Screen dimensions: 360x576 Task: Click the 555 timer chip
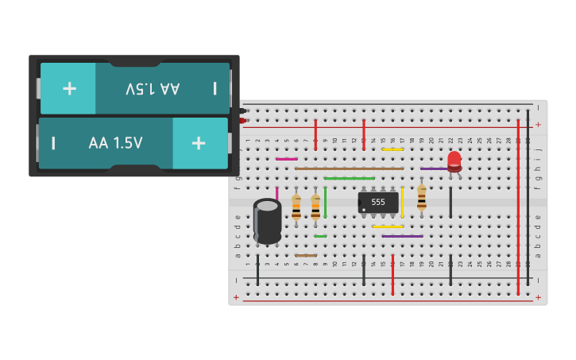coord(378,202)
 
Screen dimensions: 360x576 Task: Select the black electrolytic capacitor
coord(267,221)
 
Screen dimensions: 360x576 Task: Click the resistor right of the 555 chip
coord(421,197)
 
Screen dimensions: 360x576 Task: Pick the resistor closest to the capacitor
coord(296,207)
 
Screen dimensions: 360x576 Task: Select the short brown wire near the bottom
coord(306,256)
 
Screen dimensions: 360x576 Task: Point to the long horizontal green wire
coord(349,178)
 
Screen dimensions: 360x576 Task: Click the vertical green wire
coord(325,202)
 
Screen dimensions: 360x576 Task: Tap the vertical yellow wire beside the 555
coord(402,202)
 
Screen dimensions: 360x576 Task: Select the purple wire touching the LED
coord(433,168)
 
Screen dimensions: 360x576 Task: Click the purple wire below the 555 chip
coord(402,236)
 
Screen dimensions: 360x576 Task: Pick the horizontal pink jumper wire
coord(286,159)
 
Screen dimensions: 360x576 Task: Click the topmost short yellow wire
coord(392,149)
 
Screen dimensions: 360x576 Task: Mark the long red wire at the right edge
coord(518,203)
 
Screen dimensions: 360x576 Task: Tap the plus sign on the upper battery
coord(69,88)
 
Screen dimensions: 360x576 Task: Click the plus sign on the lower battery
coord(198,143)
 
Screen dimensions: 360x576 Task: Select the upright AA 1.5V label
coord(116,143)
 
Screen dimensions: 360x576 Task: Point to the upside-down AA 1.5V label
coord(153,88)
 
